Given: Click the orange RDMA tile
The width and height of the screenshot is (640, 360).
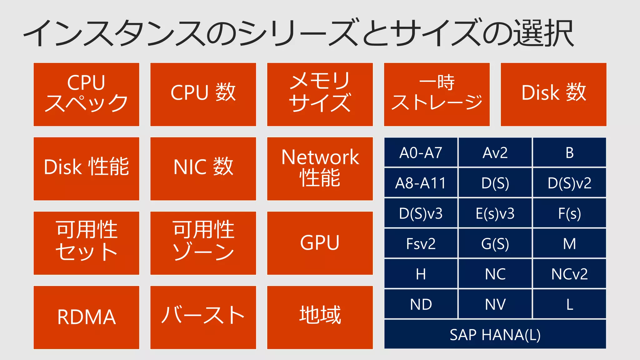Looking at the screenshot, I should (x=86, y=317).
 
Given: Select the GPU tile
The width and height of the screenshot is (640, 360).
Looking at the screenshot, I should (x=320, y=243).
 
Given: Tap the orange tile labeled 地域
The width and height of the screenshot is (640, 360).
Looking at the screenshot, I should (x=320, y=317).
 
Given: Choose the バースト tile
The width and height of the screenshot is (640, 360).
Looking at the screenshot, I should (x=203, y=317).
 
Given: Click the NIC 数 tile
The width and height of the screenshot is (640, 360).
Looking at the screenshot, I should (x=203, y=168).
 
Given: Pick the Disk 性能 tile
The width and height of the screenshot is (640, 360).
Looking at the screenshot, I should (x=86, y=168).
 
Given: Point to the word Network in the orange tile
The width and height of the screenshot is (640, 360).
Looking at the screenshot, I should (x=320, y=157).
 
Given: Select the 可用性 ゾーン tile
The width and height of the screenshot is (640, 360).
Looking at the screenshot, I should (x=203, y=243).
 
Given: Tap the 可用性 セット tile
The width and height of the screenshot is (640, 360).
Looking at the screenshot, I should (x=86, y=243).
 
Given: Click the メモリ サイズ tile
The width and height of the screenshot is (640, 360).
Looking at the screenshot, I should (x=320, y=94).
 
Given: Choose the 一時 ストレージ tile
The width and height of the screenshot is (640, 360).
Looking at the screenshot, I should (x=437, y=94).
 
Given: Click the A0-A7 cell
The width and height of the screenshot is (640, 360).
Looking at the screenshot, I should (x=421, y=152).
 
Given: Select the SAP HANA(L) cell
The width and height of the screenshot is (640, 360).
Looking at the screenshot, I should (x=495, y=334).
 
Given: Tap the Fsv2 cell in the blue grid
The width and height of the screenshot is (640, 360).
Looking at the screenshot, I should (x=421, y=243).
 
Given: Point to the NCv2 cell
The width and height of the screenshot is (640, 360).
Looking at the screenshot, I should (x=569, y=274).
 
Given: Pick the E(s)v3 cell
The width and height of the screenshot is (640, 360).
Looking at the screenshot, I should (x=495, y=213).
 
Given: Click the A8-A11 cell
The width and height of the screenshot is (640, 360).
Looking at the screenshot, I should (x=421, y=183).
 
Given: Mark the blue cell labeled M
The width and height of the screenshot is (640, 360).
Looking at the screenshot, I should (x=569, y=243).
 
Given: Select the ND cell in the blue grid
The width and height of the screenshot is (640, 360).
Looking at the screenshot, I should (x=421, y=304).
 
